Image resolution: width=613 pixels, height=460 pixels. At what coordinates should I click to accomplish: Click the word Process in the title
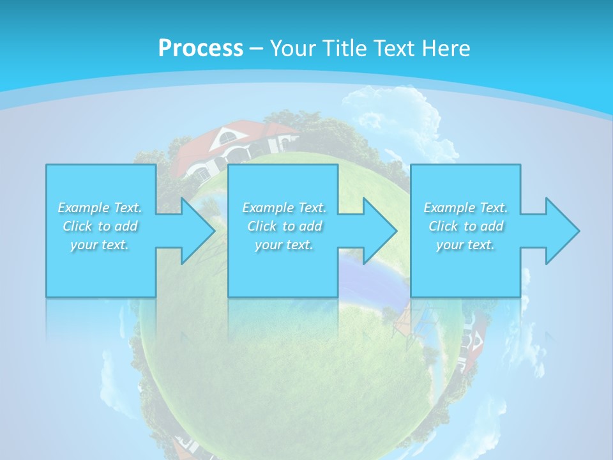pos(201,48)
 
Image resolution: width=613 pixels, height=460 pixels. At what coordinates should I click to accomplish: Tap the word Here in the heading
pos(445,48)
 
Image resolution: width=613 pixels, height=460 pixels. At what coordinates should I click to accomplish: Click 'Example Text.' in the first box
pos(100,208)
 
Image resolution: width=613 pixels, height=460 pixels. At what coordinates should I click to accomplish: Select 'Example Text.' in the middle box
pos(284,208)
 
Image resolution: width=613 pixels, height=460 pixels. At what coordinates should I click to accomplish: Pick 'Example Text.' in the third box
pos(465,208)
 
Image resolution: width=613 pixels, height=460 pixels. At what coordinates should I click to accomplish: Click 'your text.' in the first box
pos(100,245)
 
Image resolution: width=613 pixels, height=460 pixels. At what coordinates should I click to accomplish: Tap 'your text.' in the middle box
pos(284,245)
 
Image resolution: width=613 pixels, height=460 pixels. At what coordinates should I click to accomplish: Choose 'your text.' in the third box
pos(465,245)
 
